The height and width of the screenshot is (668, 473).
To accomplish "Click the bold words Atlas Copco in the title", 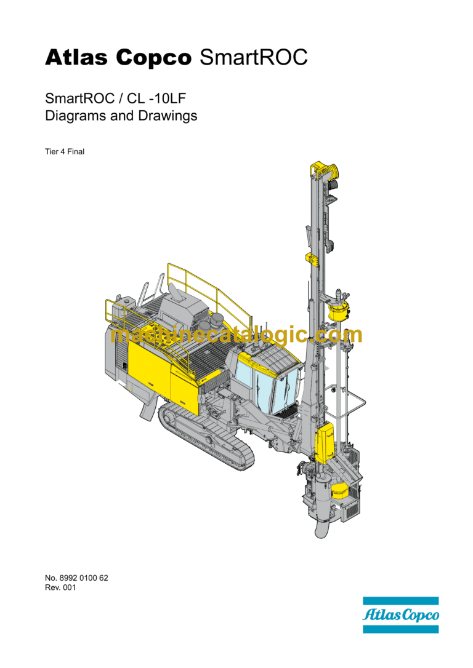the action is pos(118,57).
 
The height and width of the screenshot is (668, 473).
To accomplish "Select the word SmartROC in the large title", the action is pos(253,57).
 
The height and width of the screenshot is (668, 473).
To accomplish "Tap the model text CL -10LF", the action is pos(156,98).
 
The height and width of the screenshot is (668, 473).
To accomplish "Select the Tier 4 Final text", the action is pos(65,152).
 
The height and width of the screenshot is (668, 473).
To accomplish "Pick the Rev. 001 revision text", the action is pos(60,587).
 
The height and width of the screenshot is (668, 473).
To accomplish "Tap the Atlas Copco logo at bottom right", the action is pos(400,615).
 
